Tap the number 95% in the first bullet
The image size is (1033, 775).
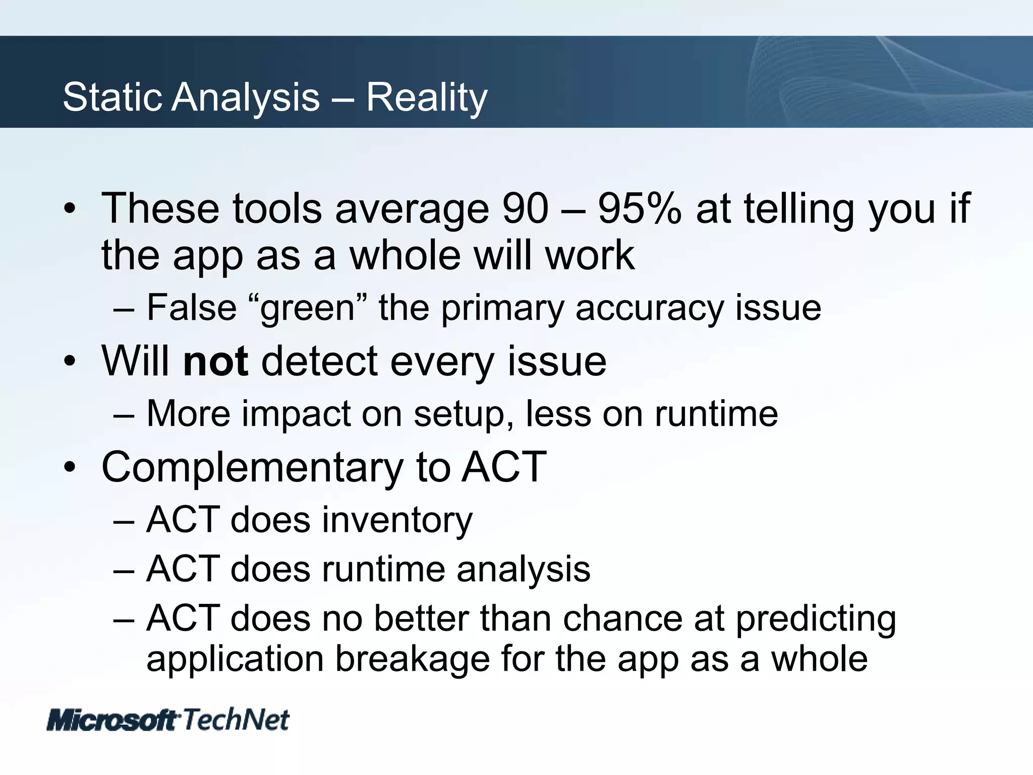click(x=640, y=208)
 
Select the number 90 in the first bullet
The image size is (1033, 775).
click(x=525, y=208)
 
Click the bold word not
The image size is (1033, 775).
click(x=215, y=361)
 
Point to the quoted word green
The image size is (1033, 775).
click(x=308, y=308)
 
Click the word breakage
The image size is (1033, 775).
click(x=413, y=659)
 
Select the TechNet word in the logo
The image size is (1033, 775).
click(x=236, y=719)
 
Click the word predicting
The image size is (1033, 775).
click(x=816, y=619)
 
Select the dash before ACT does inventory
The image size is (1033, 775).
click(x=124, y=520)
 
